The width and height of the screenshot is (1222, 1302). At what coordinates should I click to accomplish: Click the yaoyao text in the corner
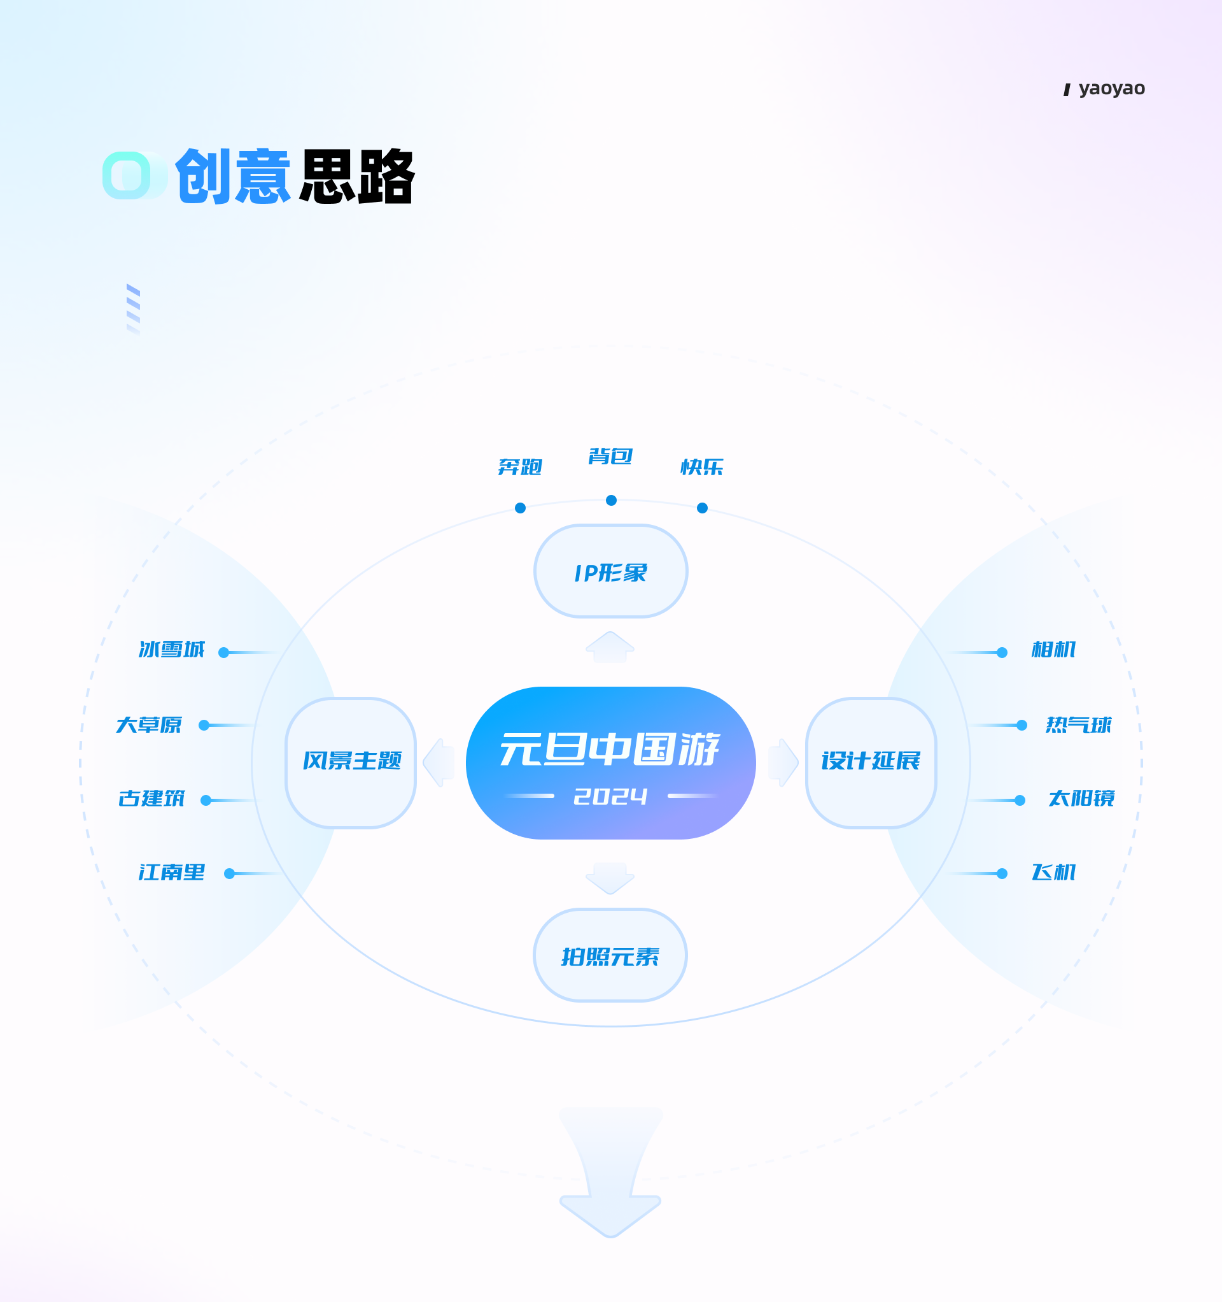click(1111, 89)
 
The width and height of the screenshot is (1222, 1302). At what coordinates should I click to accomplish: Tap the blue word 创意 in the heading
click(232, 176)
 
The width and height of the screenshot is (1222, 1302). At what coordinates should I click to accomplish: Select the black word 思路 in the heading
click(356, 176)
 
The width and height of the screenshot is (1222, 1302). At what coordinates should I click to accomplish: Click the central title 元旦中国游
click(609, 748)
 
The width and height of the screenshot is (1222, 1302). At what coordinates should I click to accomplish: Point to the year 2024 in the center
click(610, 796)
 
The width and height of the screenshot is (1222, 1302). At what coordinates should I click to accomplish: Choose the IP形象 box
click(610, 571)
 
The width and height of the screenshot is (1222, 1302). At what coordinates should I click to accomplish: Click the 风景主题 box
click(351, 763)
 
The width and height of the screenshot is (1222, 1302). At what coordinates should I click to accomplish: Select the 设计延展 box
click(871, 763)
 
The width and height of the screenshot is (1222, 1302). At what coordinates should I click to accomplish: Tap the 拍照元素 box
click(610, 955)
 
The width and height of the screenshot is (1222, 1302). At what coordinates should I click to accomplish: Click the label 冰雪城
click(171, 649)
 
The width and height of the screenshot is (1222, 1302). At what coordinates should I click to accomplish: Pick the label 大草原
click(148, 725)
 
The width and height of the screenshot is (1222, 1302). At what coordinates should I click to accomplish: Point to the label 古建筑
click(151, 798)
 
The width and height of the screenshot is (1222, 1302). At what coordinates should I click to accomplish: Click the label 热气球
click(1079, 725)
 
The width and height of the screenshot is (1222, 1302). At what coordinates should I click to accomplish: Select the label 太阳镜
click(1081, 798)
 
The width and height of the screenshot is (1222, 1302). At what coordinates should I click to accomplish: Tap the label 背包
click(610, 456)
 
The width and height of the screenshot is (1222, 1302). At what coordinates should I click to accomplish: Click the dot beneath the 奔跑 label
click(521, 508)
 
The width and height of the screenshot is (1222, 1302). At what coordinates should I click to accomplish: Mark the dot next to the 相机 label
click(1002, 652)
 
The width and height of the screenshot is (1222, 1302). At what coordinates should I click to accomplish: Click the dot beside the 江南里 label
click(229, 874)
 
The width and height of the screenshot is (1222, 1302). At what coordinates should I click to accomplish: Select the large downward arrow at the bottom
click(610, 1172)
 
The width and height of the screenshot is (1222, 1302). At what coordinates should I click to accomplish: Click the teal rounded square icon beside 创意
click(127, 176)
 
